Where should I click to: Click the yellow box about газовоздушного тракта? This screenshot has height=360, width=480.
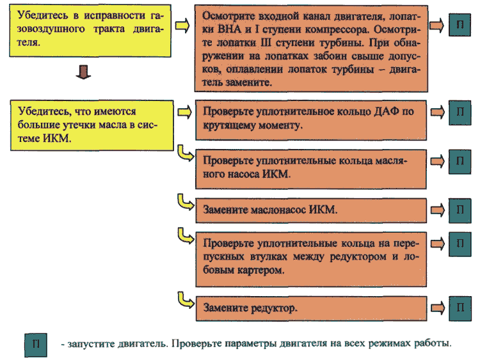coord(90,31)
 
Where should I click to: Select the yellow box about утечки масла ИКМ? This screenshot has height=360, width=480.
coord(92,125)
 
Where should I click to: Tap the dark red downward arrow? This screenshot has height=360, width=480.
coord(83,72)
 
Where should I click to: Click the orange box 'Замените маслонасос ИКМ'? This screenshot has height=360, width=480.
coord(311,210)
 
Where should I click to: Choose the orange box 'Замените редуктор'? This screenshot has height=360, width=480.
coord(311,308)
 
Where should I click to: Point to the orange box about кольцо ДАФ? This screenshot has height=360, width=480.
coord(311,120)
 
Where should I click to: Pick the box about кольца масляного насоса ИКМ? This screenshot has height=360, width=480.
coord(311,169)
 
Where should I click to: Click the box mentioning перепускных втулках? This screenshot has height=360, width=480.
coord(311,260)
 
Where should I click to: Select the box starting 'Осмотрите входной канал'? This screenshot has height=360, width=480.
coord(311,49)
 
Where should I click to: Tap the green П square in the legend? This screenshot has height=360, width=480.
coord(36,345)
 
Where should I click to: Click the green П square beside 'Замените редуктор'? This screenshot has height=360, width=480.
coord(460,309)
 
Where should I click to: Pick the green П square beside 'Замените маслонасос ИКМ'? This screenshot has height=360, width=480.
coord(460,210)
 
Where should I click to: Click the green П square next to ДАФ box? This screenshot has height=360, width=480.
coord(460,113)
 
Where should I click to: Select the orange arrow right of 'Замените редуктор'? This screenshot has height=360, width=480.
coord(438,308)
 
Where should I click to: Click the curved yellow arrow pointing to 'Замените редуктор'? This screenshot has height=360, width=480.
coord(186,300)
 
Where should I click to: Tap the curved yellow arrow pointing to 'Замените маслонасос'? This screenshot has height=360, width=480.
coord(186,202)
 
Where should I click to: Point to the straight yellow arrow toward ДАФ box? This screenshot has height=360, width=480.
coord(184,113)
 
